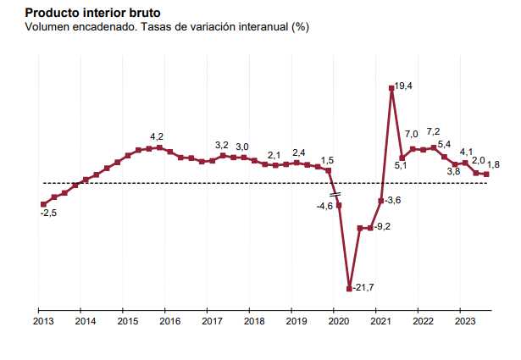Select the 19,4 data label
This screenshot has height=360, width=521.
coord(404,86)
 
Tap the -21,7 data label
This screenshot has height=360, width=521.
coord(364,289)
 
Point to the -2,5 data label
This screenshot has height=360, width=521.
coord(48,213)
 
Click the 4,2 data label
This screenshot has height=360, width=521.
coord(157,136)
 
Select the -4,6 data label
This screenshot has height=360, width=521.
coord(324,207)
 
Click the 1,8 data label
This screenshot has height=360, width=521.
coord(493,164)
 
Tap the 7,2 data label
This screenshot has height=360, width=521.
coord(433,132)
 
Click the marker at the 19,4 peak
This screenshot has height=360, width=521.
coord(391,87)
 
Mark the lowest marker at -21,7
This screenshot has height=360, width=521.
coord(349,289)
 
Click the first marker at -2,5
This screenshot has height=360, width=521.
coord(43,204)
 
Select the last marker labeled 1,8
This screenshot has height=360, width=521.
coord(486,174)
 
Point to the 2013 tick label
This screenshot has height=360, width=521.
coord(42,321)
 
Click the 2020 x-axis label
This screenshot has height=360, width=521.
coord(338,321)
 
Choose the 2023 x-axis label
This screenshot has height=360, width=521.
coord(465,321)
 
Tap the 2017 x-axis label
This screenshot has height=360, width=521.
coord(212,321)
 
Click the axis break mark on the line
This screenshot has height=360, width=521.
coord(335,195)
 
